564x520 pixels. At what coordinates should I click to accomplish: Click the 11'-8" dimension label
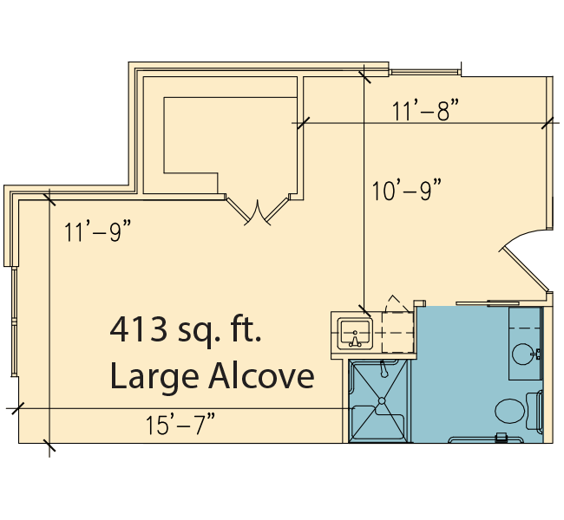pyautogui.click(x=425, y=111)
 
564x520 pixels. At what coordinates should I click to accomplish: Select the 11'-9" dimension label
pyautogui.click(x=97, y=231)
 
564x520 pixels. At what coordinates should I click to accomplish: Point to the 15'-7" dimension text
pyautogui.click(x=180, y=425)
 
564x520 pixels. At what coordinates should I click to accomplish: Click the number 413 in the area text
pyautogui.click(x=139, y=329)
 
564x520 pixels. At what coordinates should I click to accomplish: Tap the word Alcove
pyautogui.click(x=262, y=375)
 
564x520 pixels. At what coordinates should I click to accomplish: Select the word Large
pyautogui.click(x=154, y=379)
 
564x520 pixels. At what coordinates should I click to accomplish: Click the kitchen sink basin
pyautogui.click(x=355, y=335)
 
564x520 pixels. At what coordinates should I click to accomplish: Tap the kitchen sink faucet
pyautogui.click(x=355, y=340)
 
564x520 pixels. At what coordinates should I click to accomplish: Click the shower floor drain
pyautogui.click(x=382, y=400)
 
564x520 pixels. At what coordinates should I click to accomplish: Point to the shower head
pyautogui.click(x=384, y=369)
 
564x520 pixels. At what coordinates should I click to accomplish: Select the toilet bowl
pyautogui.click(x=509, y=411)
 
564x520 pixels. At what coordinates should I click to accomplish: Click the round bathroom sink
pyautogui.click(x=523, y=354)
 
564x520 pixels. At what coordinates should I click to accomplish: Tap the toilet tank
pyautogui.click(x=534, y=411)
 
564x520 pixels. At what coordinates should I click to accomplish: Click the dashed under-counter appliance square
pyautogui.click(x=397, y=333)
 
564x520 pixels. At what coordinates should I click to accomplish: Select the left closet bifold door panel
pyautogui.click(x=237, y=209)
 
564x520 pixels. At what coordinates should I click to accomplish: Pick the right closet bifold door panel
pyautogui.click(x=278, y=209)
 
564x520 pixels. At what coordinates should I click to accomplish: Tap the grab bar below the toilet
pyautogui.click(x=486, y=439)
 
